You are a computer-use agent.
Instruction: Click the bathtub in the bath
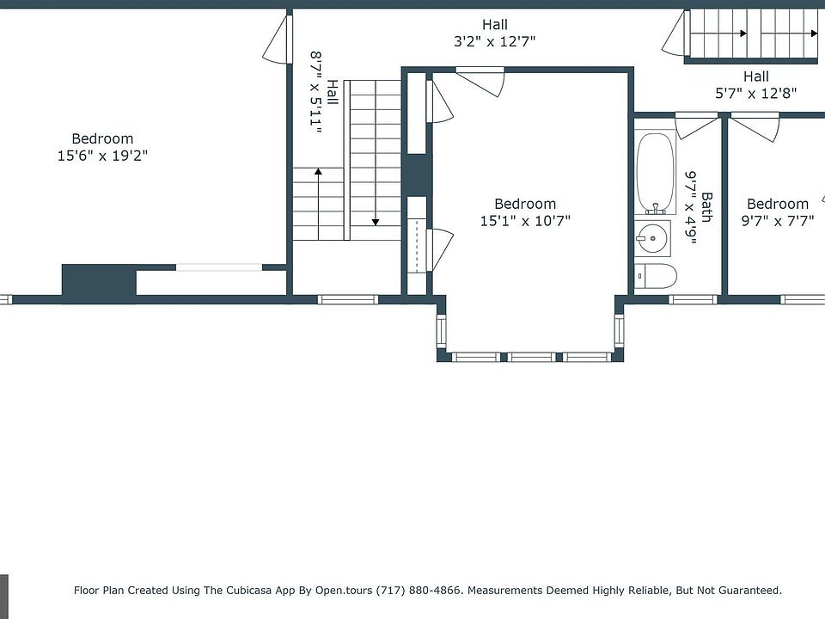[655, 173]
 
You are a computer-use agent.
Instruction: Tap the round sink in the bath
[652, 238]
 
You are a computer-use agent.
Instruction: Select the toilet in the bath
[656, 276]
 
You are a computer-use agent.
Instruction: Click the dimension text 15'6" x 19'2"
[102, 156]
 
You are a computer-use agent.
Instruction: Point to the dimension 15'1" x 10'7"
[525, 221]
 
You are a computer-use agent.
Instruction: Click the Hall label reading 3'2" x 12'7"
[495, 33]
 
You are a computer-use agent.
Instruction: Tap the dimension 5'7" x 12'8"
[755, 94]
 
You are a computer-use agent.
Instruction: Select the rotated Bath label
[706, 207]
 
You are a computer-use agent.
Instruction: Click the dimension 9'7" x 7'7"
[778, 221]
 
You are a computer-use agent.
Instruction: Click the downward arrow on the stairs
[376, 153]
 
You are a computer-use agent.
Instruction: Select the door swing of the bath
[696, 126]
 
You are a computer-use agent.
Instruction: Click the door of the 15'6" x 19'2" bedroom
[278, 40]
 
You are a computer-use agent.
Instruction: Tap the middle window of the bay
[531, 358]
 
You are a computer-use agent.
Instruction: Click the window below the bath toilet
[693, 299]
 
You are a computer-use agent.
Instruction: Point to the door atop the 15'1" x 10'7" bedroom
[480, 82]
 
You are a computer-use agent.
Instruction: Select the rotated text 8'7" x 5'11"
[315, 92]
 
